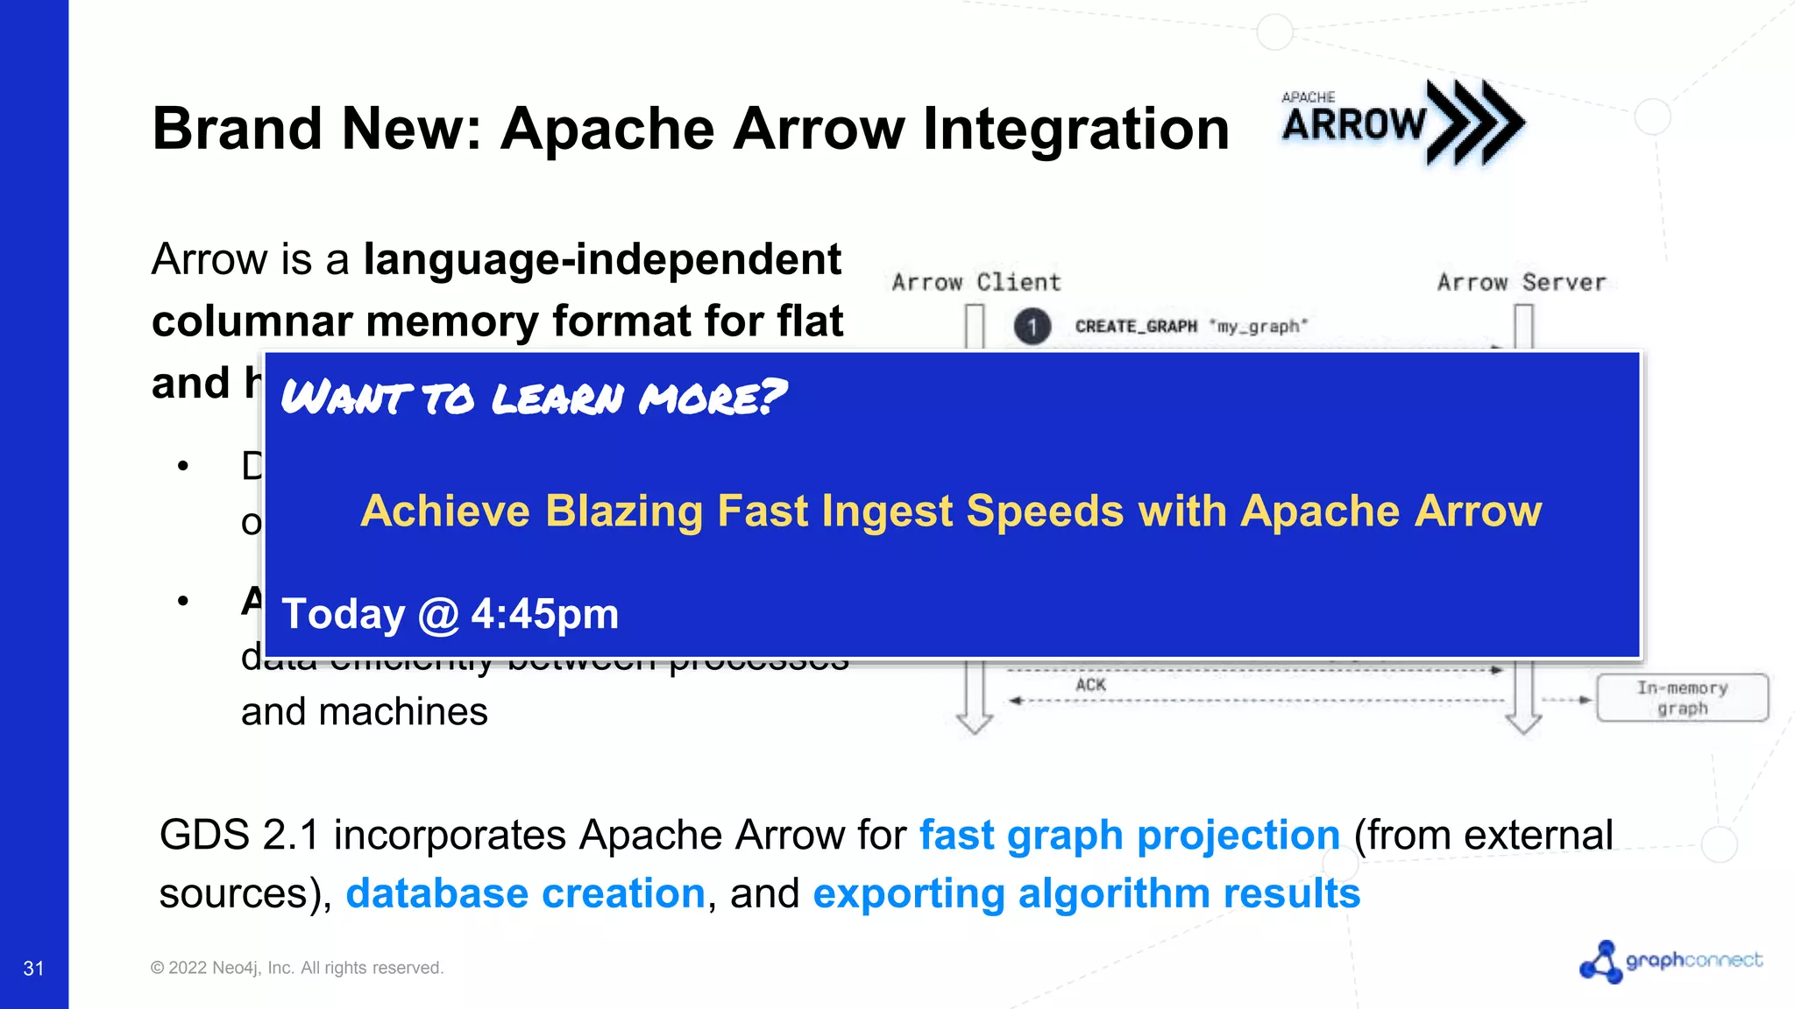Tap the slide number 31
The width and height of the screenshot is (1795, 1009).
[x=33, y=968]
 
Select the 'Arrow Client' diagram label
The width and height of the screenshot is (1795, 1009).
[x=976, y=283]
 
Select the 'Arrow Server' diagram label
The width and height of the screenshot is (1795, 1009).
[x=1521, y=283]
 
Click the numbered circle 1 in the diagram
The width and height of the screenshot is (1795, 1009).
[x=1032, y=327]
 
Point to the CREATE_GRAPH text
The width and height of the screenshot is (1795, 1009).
[x=1136, y=327]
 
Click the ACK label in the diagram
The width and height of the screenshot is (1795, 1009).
[x=1090, y=685]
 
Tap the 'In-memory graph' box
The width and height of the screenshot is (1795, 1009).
[x=1682, y=698]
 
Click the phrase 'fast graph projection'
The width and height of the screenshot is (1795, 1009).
[x=1129, y=835]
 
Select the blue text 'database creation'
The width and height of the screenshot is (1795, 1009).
[x=525, y=893]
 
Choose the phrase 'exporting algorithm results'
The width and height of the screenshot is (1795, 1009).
[x=1086, y=893]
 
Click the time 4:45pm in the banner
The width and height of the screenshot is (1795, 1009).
[x=544, y=614]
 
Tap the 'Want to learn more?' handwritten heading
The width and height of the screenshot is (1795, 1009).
[x=533, y=398]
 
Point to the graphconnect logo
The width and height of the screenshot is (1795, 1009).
[x=1671, y=962]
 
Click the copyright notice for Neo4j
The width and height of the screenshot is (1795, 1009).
[x=297, y=968]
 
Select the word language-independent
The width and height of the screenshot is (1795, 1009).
[x=602, y=260]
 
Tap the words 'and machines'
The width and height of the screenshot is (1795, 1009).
[x=364, y=711]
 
